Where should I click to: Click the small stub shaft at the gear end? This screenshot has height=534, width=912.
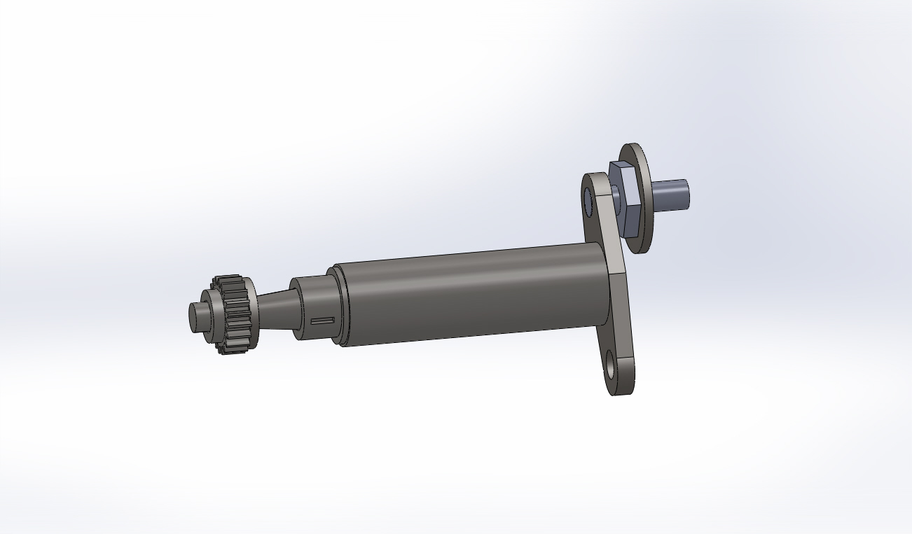point(200,316)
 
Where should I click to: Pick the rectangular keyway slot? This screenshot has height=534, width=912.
point(323,321)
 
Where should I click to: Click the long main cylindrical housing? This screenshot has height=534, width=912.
point(469,294)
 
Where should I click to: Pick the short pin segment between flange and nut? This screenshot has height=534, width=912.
point(614,195)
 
